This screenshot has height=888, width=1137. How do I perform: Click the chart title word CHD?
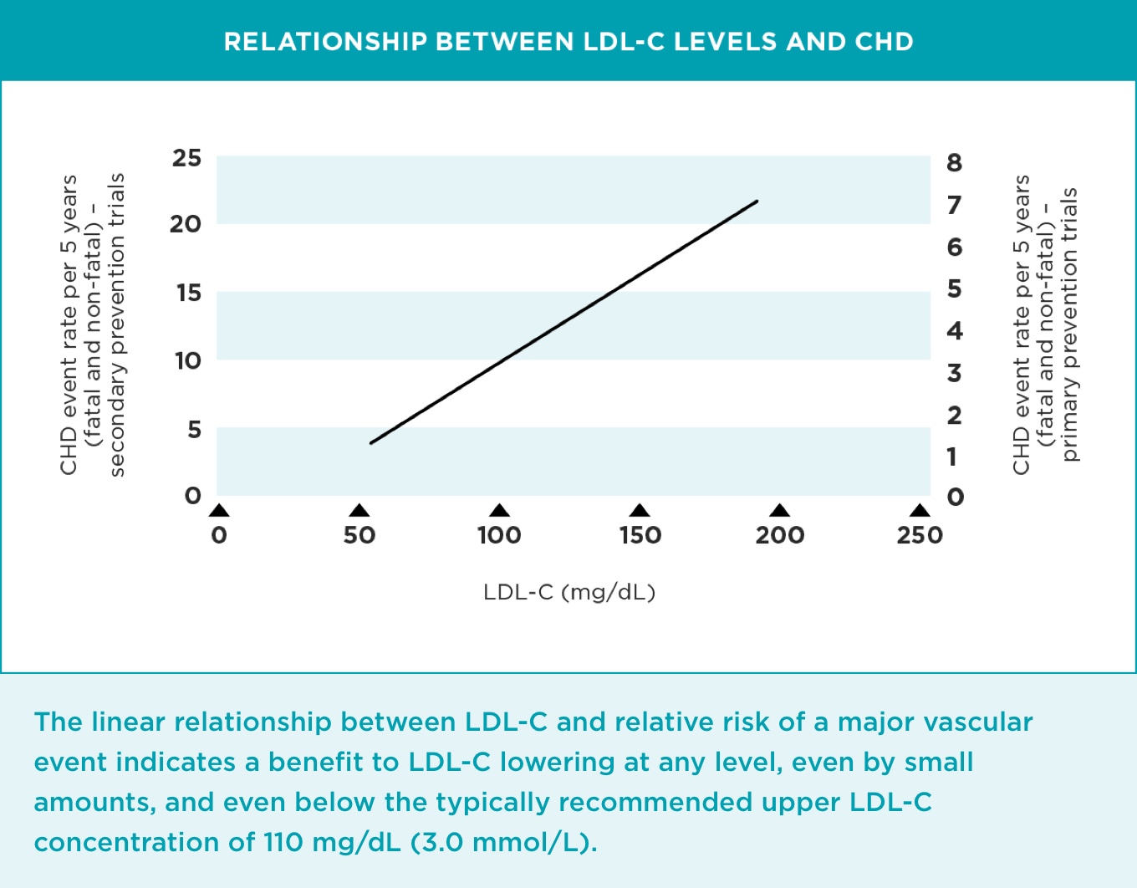(x=884, y=42)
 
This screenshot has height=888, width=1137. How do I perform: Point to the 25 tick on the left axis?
(x=186, y=158)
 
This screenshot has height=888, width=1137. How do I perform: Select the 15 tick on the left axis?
(x=188, y=293)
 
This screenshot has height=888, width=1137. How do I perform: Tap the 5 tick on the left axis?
(x=193, y=429)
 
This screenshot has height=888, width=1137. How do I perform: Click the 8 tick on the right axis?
(x=954, y=163)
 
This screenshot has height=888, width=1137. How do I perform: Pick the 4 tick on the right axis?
(x=954, y=331)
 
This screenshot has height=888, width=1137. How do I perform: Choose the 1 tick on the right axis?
(x=952, y=457)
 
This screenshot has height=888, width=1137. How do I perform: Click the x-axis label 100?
(x=499, y=535)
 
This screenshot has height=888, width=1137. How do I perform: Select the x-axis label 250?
(x=920, y=535)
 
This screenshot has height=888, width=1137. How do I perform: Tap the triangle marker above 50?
(x=359, y=511)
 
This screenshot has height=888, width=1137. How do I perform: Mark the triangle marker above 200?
(x=779, y=511)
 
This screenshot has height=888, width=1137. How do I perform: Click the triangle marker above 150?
(x=640, y=511)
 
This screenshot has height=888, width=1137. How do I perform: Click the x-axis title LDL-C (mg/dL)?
(x=569, y=592)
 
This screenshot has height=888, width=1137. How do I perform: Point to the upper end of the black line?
(x=757, y=202)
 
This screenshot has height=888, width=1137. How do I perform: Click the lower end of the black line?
(x=371, y=442)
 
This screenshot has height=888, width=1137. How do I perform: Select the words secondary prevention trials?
(x=117, y=324)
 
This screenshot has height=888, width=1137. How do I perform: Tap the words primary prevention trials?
(x=1069, y=324)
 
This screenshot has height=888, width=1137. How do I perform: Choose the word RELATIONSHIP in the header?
(x=325, y=42)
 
